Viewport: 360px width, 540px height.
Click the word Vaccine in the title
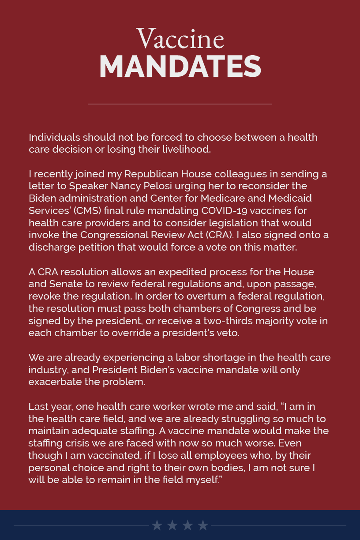tap(180, 39)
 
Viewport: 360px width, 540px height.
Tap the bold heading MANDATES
tap(180, 67)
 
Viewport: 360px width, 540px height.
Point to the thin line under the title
tap(180, 104)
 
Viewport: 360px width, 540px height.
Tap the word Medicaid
tap(290, 198)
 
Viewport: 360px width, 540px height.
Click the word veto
tap(228, 333)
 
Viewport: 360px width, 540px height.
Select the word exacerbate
tap(56, 382)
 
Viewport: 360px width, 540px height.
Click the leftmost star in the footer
tap(157, 525)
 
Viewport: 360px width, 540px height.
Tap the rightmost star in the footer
tap(203, 525)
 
